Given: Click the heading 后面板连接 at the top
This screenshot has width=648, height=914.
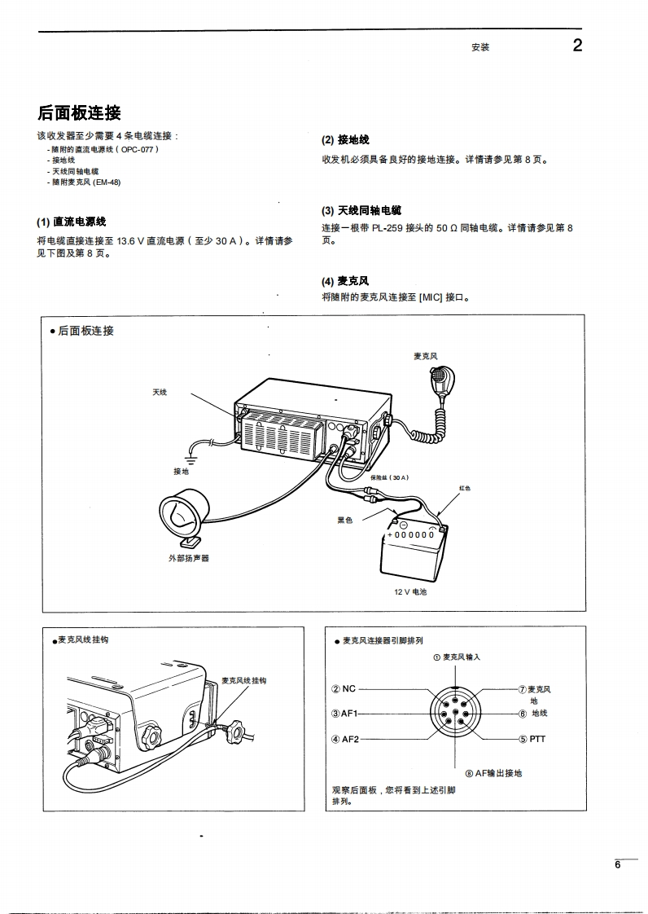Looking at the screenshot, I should click(79, 112).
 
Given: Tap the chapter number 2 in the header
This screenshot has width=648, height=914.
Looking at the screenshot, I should click(577, 46).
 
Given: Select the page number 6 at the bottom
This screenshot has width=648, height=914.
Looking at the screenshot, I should click(619, 865).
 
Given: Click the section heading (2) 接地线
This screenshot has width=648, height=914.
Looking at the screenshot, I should click(345, 140).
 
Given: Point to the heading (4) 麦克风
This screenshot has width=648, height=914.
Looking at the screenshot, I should click(345, 281).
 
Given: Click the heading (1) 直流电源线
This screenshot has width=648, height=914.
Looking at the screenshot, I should click(71, 222).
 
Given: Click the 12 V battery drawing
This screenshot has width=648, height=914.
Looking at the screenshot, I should click(414, 550).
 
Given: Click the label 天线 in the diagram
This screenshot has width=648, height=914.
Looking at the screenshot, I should click(160, 393).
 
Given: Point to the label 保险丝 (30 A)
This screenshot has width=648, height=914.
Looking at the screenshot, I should click(389, 477).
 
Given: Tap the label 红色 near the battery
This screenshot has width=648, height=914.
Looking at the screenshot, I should click(465, 488).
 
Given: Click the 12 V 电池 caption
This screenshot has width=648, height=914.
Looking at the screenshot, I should click(410, 592).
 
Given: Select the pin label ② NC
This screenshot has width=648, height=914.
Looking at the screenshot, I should click(344, 689).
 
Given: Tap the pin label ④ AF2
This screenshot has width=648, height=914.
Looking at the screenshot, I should click(344, 739).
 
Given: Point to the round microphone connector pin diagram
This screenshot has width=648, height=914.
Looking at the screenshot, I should click(453, 714).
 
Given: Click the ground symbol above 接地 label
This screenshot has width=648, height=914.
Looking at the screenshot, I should click(193, 461).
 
